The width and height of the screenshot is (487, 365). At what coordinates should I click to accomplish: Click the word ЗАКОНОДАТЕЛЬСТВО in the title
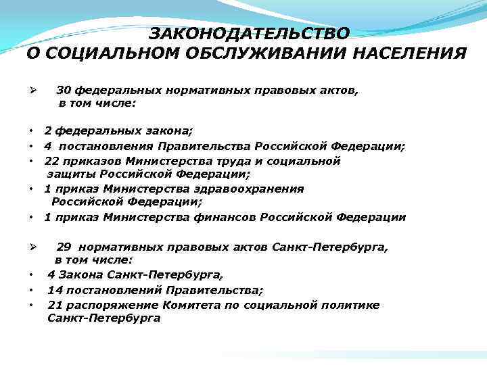[250, 33]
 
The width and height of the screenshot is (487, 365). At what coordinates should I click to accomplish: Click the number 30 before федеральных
[64, 89]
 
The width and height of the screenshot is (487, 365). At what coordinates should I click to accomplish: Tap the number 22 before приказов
[52, 161]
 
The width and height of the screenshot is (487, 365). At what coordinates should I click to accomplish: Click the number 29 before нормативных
[64, 247]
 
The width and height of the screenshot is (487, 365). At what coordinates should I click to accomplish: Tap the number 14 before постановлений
[55, 290]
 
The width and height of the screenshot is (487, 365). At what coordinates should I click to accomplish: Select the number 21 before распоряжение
[55, 305]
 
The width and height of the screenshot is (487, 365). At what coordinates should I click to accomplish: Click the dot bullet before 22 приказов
[32, 162]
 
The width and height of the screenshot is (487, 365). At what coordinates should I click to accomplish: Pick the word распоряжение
[107, 306]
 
